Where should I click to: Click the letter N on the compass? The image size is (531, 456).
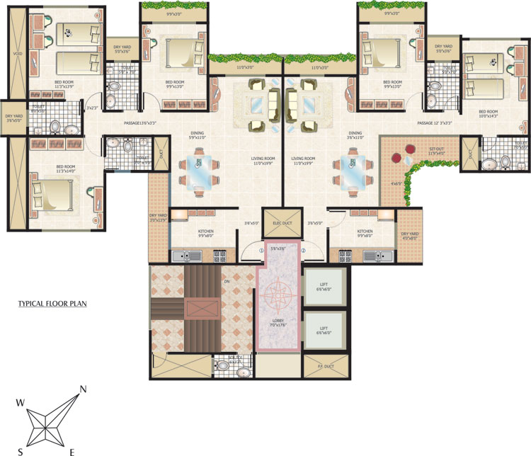84,389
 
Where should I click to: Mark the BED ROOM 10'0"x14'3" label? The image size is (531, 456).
488,114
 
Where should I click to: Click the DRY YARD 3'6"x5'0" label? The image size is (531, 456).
14,118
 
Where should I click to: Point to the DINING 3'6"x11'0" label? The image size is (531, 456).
355,136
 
